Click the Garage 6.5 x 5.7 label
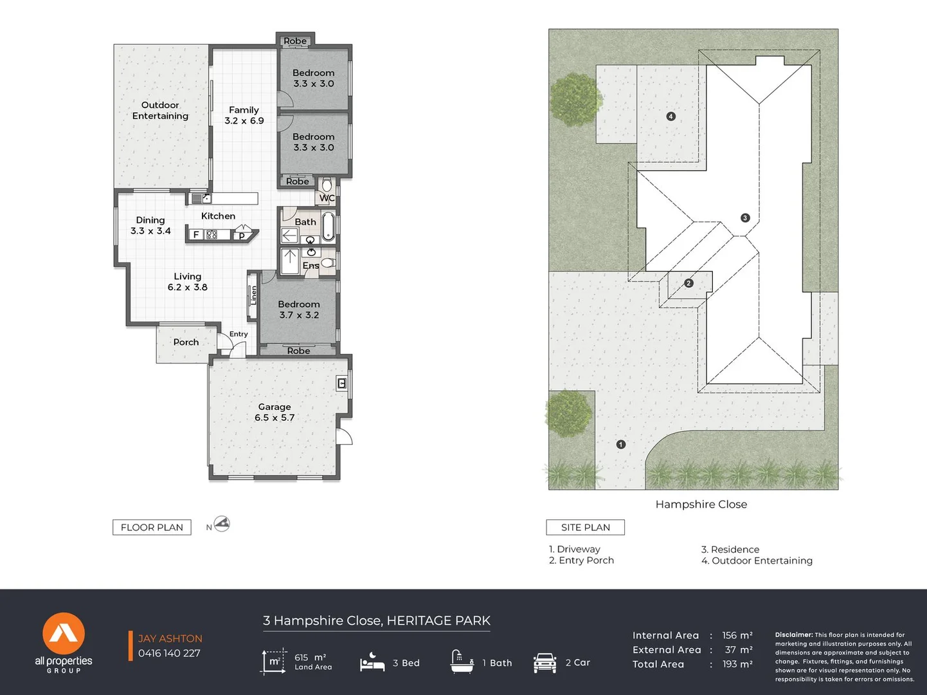pos(274,412)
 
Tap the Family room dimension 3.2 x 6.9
pos(244,121)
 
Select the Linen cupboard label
pos(253,295)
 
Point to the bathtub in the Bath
pos(328,227)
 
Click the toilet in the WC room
pos(327,184)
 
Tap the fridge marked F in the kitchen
pos(196,234)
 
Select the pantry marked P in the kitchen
pos(242,236)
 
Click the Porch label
pos(186,342)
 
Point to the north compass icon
pos(222,524)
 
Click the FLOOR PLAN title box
pos(152,527)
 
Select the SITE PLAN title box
pos(586,527)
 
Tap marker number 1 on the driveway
pos(620,444)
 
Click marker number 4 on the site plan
pos(670,116)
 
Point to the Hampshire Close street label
pos(701,505)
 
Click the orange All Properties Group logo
pos(64,633)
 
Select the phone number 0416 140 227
pos(169,653)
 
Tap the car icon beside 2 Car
pos(544,663)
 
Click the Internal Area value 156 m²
pos(737,635)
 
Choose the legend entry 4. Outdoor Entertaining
pos(757,561)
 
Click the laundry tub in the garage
pos(341,384)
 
